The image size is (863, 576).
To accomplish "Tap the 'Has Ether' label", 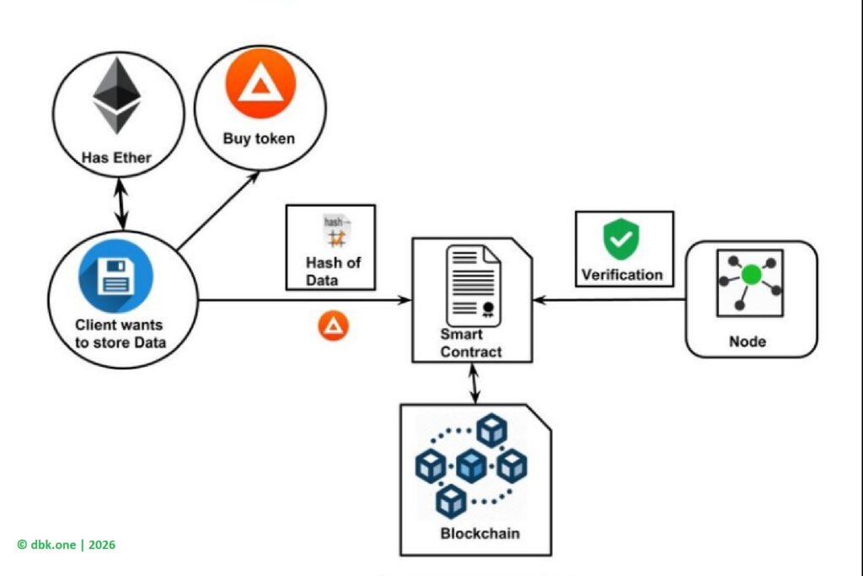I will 116,157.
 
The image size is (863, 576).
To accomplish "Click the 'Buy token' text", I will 259,138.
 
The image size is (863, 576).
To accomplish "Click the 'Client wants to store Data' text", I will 120,333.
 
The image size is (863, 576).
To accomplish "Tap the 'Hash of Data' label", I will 333,270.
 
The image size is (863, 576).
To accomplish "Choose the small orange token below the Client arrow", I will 333,326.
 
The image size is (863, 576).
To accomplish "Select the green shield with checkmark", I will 621,240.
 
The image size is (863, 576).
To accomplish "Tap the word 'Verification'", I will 623,274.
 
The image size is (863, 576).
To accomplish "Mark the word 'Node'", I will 748,342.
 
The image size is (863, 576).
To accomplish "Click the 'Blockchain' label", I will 480,533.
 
